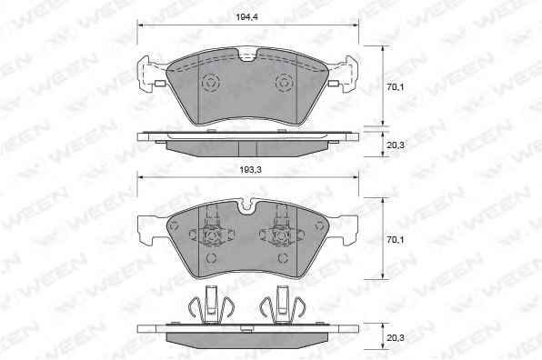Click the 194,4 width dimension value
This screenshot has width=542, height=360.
click(246, 16)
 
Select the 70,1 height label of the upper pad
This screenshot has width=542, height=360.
click(395, 87)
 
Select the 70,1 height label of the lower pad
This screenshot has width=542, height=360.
click(395, 239)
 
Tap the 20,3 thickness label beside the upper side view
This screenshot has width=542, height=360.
click(395, 145)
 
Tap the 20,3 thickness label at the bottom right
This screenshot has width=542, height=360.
click(395, 338)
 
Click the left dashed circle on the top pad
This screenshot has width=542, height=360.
click(210, 83)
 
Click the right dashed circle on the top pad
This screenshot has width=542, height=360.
click(285, 83)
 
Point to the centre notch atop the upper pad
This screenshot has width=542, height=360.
click(247, 55)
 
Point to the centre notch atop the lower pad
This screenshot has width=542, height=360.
click(247, 205)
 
